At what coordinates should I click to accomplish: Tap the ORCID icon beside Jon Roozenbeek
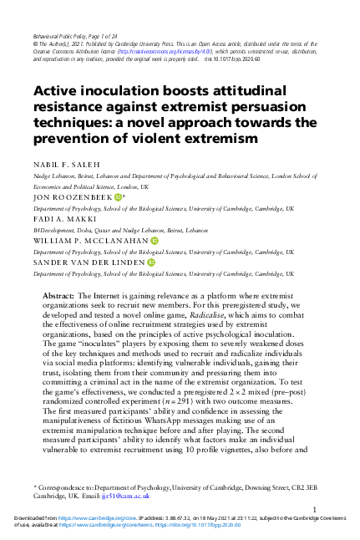pyautogui.click(x=118, y=197)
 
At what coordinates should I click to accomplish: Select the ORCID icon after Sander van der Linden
pyautogui.click(x=151, y=262)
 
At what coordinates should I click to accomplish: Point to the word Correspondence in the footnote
pyautogui.click(x=62, y=485)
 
